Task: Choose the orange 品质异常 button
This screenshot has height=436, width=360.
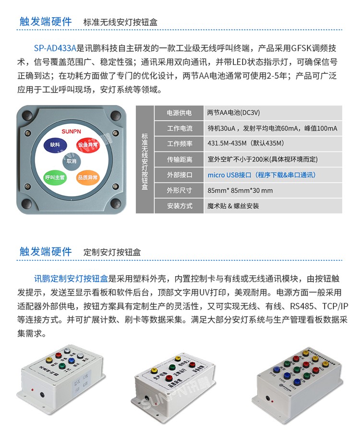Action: point(87,177)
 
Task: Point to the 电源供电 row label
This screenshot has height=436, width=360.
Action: point(179,113)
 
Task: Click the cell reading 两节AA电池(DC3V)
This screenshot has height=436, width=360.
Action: point(233,113)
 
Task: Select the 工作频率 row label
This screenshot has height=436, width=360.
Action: point(179,144)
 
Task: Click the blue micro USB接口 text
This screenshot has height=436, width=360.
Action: point(262,175)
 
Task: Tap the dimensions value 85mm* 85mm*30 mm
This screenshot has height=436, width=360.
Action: point(240,190)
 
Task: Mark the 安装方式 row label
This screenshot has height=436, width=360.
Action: point(179,206)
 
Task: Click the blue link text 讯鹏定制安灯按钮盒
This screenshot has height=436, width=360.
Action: point(72,278)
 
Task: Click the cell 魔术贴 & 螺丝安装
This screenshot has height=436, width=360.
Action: point(233,206)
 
